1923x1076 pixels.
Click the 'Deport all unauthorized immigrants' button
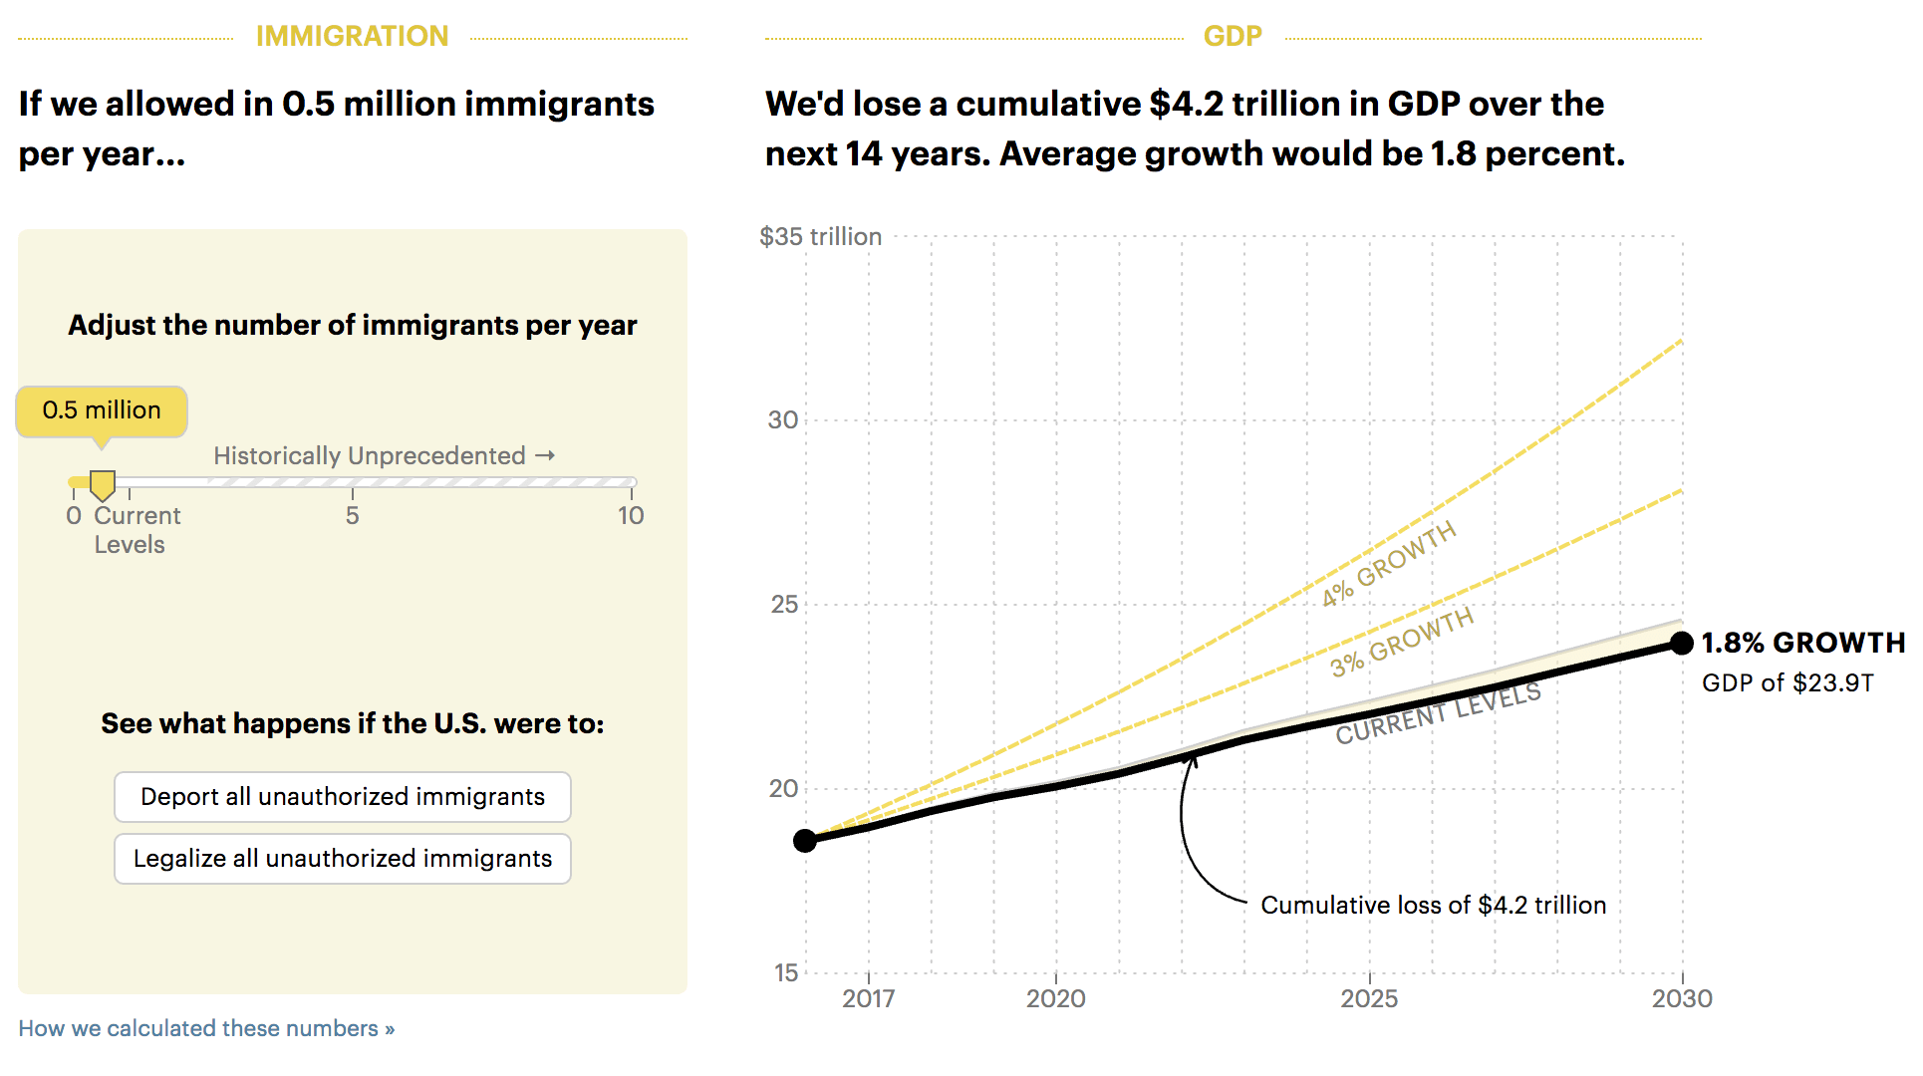coord(342,797)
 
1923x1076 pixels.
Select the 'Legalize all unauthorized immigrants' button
coord(342,859)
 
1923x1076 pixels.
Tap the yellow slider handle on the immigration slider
coord(103,485)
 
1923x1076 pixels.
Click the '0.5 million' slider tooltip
coord(102,410)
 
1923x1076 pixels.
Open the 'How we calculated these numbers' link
coord(206,1028)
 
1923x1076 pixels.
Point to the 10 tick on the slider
coord(631,515)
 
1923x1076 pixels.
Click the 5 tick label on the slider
coord(353,515)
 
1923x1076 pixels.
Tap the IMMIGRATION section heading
coord(352,36)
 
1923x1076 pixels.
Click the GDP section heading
coord(1233,36)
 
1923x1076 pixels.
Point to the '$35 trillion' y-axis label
coord(820,237)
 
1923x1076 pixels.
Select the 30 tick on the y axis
coord(783,420)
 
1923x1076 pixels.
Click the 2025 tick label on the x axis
coord(1369,998)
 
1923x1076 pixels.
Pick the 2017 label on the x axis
coord(868,998)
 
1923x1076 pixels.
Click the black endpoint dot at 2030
coord(1682,644)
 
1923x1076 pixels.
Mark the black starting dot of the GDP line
coord(805,841)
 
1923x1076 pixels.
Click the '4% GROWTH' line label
coord(1389,564)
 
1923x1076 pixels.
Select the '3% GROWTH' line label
coord(1402,643)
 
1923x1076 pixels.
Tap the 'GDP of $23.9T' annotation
coord(1787,683)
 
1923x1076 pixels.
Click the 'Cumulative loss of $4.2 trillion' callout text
coord(1433,905)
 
